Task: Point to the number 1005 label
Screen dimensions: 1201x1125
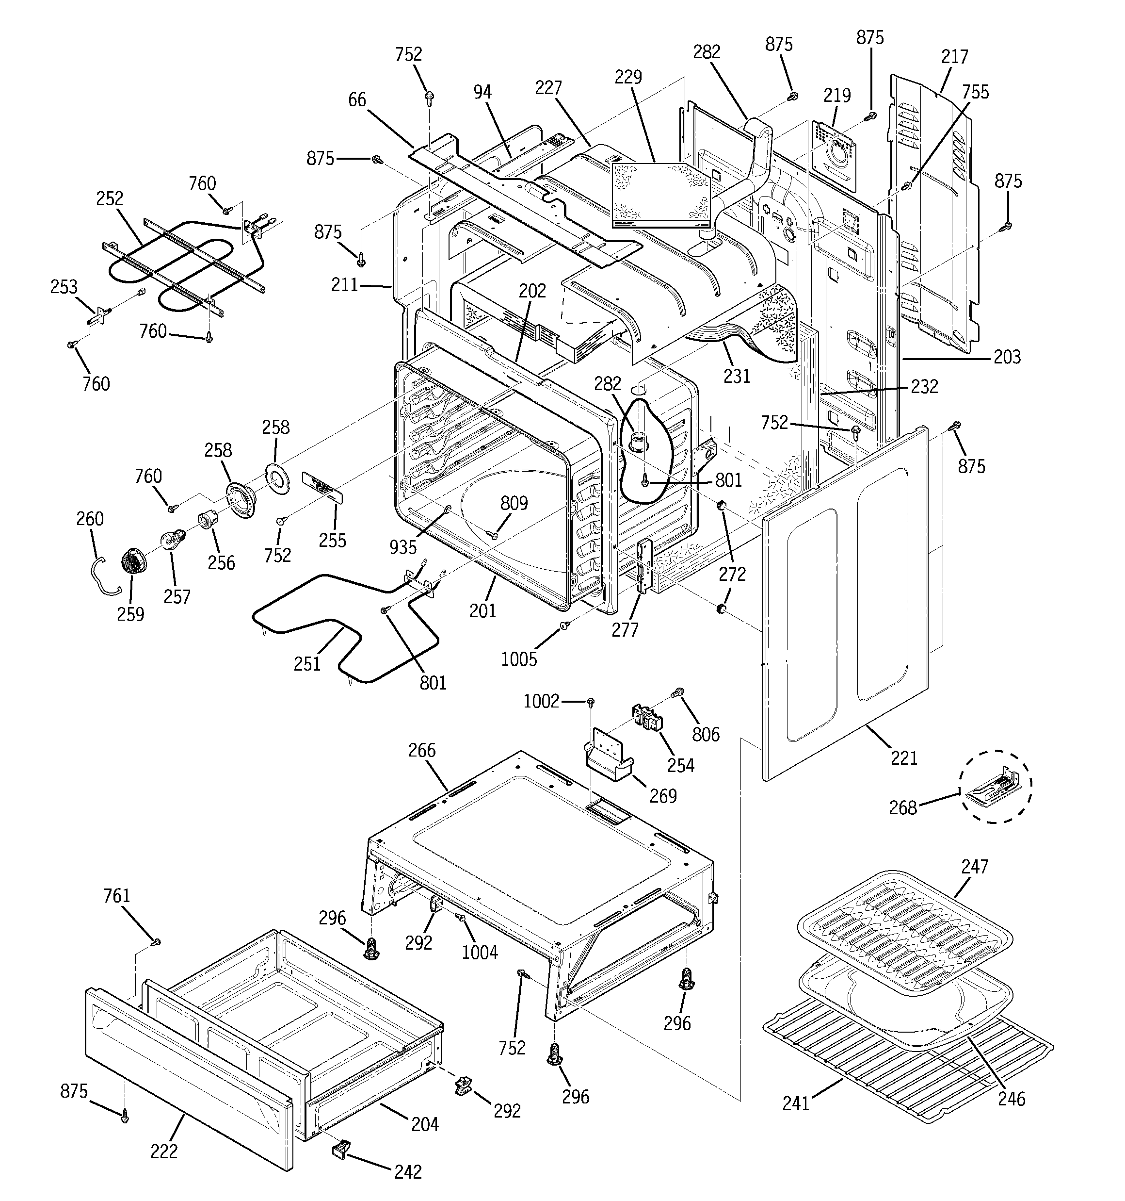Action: coord(519,659)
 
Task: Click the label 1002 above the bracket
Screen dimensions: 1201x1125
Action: coord(541,701)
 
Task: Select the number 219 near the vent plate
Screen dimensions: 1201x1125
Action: coord(837,96)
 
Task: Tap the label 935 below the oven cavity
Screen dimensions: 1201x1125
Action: coord(403,547)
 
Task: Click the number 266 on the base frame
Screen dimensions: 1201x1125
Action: coord(421,750)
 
